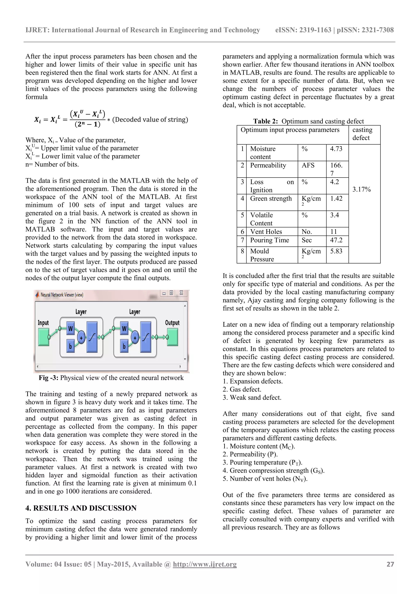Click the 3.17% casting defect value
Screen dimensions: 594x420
point(361,189)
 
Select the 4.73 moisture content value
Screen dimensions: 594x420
point(336,149)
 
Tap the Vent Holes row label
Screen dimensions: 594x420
point(266,231)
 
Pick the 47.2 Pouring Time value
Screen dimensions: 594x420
point(336,240)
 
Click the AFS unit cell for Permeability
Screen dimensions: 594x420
point(308,165)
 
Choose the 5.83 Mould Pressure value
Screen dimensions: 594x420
point(336,251)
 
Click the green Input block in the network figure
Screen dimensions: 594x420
point(43,337)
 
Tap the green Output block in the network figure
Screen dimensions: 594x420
point(173,337)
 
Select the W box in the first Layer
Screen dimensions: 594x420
point(70,328)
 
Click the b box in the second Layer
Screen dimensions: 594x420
point(124,346)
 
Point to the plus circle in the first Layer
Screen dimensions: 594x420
point(81,338)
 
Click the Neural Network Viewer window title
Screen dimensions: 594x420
point(62,295)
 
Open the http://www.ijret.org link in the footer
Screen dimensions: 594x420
point(205,564)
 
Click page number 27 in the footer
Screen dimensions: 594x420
point(390,564)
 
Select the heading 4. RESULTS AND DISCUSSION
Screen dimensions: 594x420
point(81,508)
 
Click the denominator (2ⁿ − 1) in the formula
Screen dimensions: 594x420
point(88,124)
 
